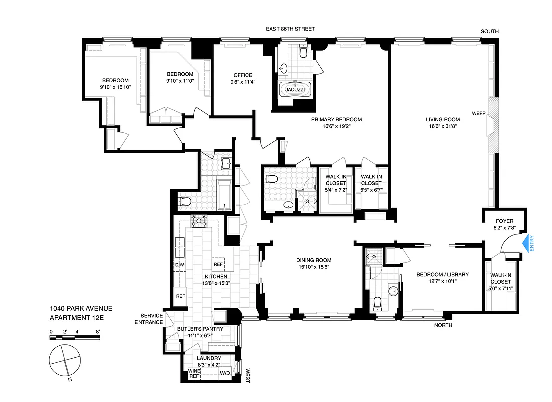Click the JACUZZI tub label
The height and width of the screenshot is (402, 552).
[x=295, y=90]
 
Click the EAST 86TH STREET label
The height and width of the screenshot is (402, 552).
[x=290, y=30]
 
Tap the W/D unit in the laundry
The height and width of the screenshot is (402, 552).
[x=225, y=373]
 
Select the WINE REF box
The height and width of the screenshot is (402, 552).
[x=194, y=374]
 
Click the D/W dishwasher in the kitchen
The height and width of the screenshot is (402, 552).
[x=179, y=264]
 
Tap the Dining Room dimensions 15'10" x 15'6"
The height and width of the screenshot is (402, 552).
[x=314, y=267]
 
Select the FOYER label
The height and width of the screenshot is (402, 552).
[x=504, y=221]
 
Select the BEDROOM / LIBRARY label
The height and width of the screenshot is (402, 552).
[x=442, y=274]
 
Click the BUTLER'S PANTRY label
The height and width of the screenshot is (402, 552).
[x=200, y=329]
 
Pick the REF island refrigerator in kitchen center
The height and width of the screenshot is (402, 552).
[x=218, y=264]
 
